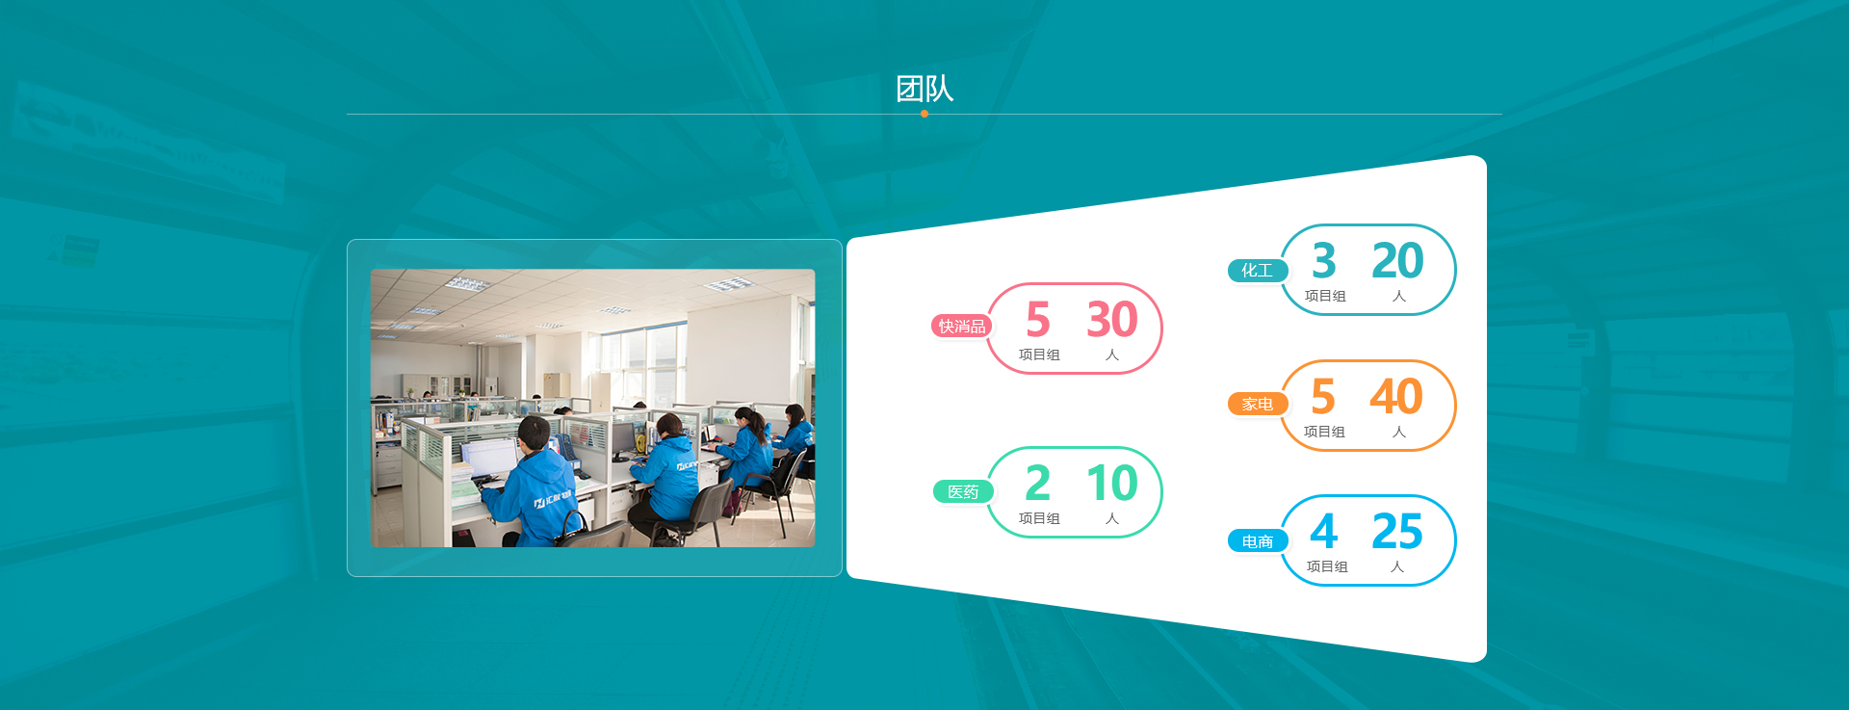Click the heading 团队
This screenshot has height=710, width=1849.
(924, 89)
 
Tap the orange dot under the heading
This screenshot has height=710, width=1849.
(924, 114)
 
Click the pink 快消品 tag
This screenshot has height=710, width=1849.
(961, 327)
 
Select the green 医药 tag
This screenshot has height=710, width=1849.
(963, 492)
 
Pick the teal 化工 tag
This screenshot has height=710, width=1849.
(1257, 271)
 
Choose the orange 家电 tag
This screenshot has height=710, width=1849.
(1257, 405)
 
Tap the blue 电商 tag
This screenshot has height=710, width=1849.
(1257, 541)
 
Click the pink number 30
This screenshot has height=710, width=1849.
(1112, 320)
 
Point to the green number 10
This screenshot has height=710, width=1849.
(1112, 484)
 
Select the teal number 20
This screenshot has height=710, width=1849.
(1397, 261)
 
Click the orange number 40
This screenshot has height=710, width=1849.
(1396, 397)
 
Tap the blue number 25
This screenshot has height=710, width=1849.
(1397, 532)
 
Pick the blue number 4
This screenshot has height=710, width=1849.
(1324, 532)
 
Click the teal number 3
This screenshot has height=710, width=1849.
(1324, 261)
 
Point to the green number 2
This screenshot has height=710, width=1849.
(1038, 484)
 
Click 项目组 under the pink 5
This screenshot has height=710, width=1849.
(1039, 355)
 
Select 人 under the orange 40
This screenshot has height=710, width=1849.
(1399, 432)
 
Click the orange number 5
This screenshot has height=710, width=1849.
(1323, 397)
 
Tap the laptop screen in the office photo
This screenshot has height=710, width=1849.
(490, 456)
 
